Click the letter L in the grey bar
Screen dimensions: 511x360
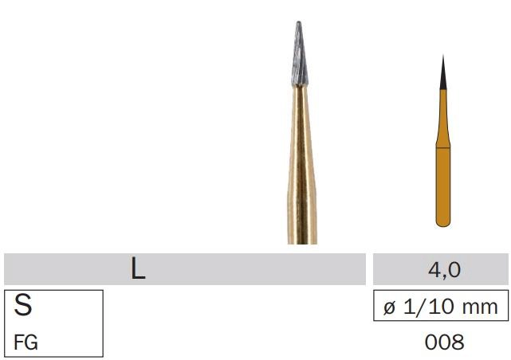click(138, 269)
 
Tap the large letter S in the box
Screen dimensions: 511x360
click(23, 304)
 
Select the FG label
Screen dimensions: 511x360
click(26, 342)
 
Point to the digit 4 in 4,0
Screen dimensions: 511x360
click(434, 270)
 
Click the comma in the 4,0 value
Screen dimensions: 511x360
click(445, 276)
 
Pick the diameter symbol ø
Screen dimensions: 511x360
click(390, 307)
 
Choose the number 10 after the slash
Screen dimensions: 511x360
click(438, 307)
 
